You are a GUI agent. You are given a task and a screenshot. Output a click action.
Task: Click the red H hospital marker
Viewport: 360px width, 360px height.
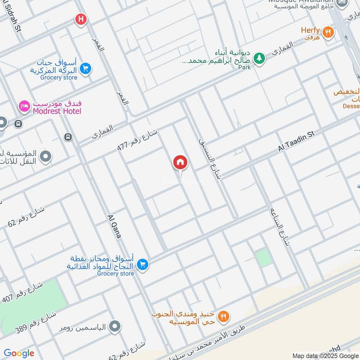coord(81,19)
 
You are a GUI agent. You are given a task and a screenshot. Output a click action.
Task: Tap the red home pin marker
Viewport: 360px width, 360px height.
coord(180,162)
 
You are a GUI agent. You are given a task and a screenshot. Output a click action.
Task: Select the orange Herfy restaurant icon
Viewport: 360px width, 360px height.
coord(329,31)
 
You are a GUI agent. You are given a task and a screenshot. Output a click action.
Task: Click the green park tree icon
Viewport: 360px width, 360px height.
coord(259,58)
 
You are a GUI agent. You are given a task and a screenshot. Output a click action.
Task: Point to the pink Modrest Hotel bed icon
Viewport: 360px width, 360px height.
coord(24,106)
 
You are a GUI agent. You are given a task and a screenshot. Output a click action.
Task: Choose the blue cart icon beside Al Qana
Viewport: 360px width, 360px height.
coord(143,264)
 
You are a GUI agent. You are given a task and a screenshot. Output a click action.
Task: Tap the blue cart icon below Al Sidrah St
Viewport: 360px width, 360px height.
coord(85,69)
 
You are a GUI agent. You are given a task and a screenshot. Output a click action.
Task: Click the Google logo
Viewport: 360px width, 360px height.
coord(19,353)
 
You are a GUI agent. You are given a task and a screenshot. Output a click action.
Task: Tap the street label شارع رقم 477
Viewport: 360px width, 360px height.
coord(137,139)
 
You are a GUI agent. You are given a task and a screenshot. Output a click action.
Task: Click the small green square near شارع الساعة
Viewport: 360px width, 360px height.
coord(264,258)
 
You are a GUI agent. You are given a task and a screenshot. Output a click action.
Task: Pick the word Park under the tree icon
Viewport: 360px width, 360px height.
coord(244,67)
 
